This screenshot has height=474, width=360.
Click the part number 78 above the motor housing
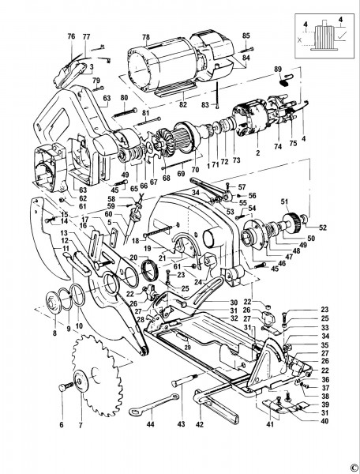point(144,36)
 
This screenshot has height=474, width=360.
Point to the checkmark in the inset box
point(338,35)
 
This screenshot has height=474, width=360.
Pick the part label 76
point(71,36)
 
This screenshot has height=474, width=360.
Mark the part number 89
point(277,70)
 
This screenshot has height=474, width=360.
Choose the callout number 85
point(246,36)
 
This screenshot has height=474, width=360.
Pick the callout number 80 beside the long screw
point(124,97)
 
